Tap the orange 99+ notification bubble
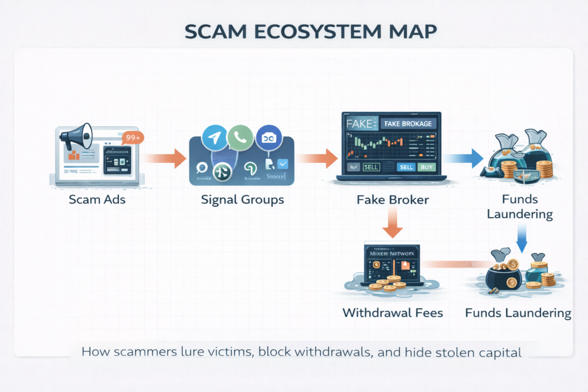[x=133, y=138]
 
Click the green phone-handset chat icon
[x=239, y=137]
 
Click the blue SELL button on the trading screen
[x=406, y=167]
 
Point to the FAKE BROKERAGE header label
[x=408, y=124]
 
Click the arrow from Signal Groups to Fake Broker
[x=318, y=158]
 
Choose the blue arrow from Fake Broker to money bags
[x=464, y=158]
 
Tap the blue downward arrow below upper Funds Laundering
[x=521, y=238]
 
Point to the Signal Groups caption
[x=242, y=201]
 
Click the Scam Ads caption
[x=96, y=201]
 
